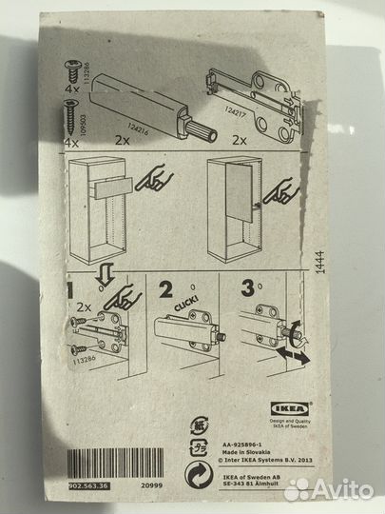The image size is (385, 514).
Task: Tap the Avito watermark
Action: coord(328,488)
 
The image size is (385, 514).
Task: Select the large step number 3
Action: coord(247,287)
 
